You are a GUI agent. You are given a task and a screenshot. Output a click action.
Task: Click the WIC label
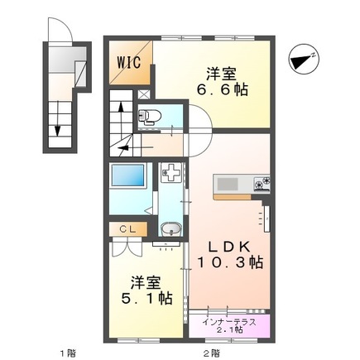(x=128, y=61)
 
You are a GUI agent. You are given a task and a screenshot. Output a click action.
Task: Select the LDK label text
(x=229, y=244)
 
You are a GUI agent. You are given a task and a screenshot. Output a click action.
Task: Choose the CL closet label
(x=127, y=228)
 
